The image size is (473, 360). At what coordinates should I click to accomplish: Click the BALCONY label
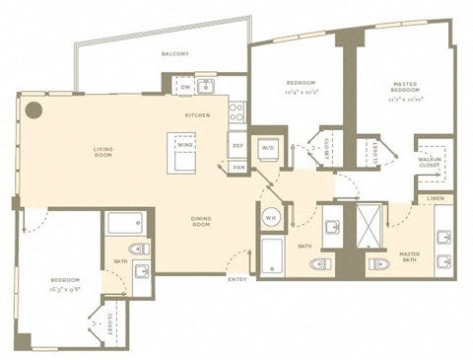176,56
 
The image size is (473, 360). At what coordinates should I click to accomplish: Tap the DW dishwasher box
185,88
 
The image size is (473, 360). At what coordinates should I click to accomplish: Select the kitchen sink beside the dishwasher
206,87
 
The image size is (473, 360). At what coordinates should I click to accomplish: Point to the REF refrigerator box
238,146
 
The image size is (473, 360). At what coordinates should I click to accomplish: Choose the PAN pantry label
238,168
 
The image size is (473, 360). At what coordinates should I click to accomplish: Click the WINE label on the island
184,145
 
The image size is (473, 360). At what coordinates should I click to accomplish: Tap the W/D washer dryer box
267,149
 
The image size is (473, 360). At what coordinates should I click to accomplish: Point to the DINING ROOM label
201,223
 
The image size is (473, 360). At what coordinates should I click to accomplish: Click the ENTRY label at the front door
236,280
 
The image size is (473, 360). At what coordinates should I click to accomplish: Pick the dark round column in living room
34,109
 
